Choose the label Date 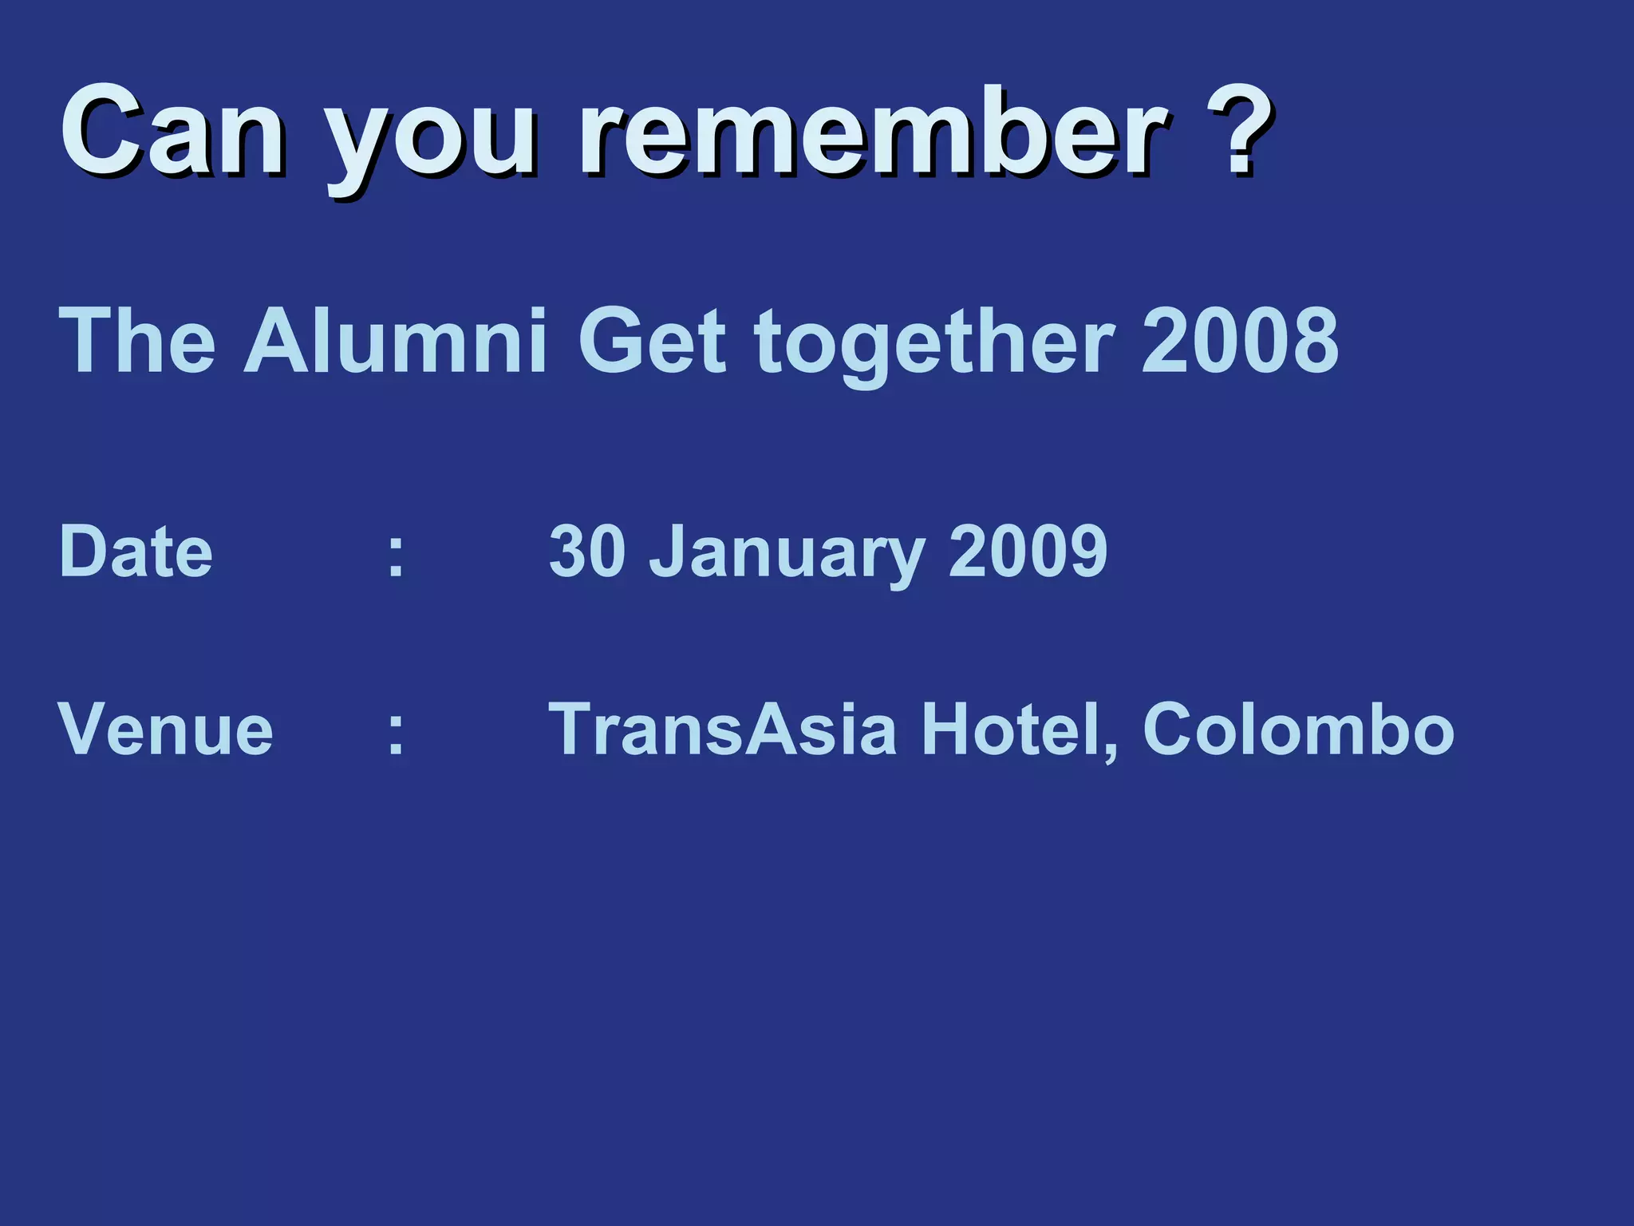136,551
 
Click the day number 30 587,551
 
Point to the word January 787,555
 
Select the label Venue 166,729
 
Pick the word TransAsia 723,729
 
